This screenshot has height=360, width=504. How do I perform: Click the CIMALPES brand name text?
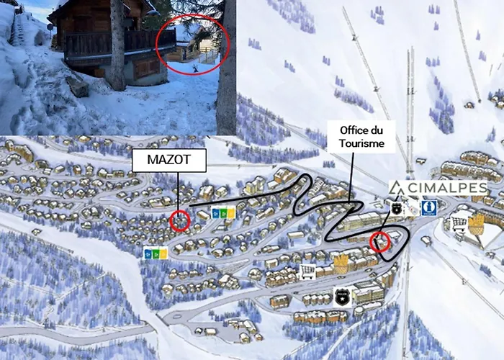coord(446,188)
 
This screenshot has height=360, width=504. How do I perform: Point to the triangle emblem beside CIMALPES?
coord(395,188)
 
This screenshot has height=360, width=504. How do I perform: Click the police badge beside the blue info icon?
coord(396,208)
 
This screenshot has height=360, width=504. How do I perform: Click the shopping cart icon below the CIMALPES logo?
coord(459,224)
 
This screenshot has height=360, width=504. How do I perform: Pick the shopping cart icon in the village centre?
coord(307,271)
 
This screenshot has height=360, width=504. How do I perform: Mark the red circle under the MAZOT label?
coord(180,220)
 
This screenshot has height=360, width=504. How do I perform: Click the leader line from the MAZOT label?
coord(176,192)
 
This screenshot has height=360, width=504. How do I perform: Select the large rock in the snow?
coord(77,87)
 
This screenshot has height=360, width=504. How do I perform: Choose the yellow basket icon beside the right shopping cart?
coord(477,224)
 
